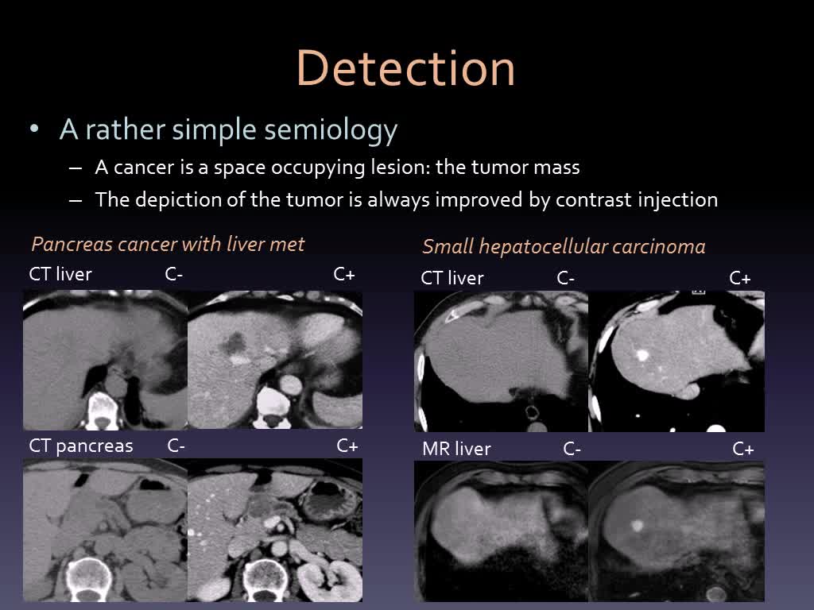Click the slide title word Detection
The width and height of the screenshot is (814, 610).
(x=405, y=68)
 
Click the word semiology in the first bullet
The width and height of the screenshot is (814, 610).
(x=331, y=129)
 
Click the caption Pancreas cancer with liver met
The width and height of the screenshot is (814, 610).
(x=168, y=244)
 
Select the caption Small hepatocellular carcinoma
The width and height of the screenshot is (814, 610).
(x=564, y=247)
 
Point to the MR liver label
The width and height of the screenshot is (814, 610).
(x=456, y=449)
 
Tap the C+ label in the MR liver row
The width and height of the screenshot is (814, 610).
(x=743, y=450)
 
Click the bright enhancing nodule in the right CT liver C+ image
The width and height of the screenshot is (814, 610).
(x=642, y=355)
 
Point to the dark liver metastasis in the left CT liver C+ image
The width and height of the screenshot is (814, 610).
(x=234, y=342)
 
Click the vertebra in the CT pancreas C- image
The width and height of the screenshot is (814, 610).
(x=87, y=576)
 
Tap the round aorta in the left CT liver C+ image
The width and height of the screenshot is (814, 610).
(x=289, y=385)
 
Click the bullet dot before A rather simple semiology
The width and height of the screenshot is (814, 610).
(x=34, y=129)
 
